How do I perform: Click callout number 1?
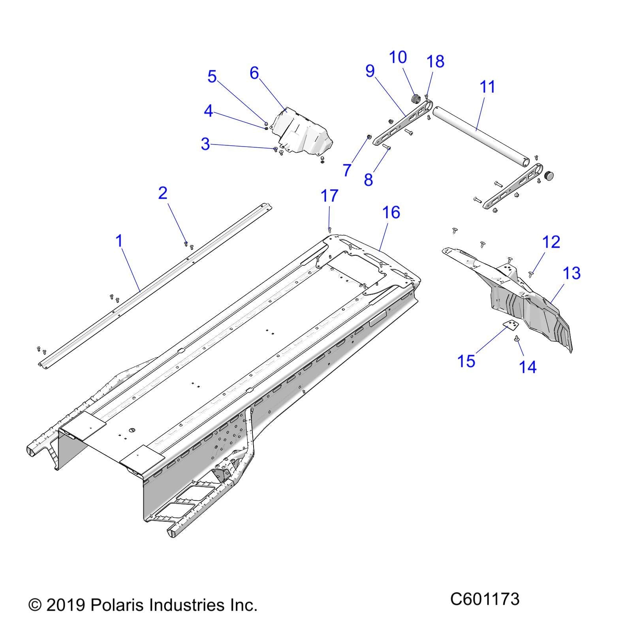119,241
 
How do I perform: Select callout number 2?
163,193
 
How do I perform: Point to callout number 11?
487,87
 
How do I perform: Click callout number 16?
391,212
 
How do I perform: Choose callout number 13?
571,273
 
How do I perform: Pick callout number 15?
466,361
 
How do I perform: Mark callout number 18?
435,62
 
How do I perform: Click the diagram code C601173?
485,599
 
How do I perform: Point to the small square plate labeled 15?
511,325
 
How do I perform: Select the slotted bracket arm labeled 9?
399,122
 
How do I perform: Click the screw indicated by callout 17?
329,229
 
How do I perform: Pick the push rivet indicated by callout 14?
517,338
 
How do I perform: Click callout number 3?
205,144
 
